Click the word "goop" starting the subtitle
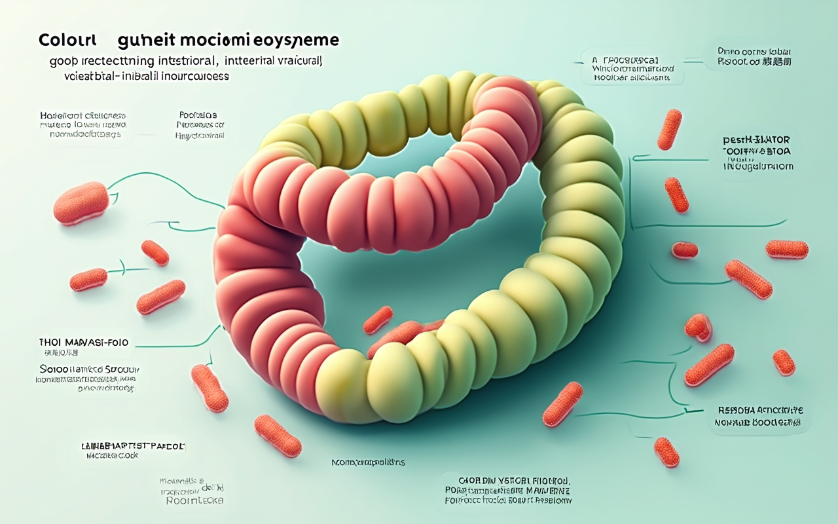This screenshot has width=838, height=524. point(64,62)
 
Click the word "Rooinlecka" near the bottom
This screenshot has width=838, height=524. point(193,500)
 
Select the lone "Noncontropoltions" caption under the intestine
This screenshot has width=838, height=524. point(368,462)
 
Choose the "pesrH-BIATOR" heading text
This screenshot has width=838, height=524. point(756,140)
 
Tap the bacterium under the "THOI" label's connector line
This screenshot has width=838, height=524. point(209,388)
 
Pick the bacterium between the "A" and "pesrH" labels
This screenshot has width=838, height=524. point(669,129)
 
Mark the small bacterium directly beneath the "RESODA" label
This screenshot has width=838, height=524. point(666,452)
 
